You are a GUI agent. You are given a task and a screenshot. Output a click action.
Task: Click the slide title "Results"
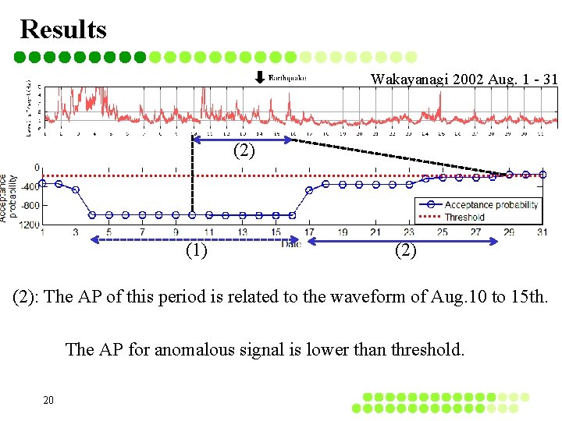63,29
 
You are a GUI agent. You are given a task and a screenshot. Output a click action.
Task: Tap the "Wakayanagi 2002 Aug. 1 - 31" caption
464,80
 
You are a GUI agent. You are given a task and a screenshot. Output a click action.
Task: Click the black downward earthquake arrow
259,77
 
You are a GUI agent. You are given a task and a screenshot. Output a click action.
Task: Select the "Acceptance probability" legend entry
491,205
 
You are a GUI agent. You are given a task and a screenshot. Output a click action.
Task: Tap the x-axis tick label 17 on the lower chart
309,232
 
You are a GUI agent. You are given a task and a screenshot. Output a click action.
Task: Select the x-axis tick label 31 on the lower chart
542,232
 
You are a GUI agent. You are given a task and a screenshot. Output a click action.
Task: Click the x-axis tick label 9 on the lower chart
176,232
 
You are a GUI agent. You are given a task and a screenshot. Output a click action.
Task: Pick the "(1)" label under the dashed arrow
197,250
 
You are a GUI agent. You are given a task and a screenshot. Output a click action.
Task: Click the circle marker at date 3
76,189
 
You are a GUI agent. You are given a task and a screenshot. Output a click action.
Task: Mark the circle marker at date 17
309,189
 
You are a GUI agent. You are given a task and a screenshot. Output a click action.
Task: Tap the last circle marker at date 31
542,175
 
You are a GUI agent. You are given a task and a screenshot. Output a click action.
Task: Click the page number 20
48,400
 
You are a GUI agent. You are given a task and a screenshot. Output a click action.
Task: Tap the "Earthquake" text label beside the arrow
287,77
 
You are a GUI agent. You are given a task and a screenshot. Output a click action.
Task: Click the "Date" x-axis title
291,244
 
